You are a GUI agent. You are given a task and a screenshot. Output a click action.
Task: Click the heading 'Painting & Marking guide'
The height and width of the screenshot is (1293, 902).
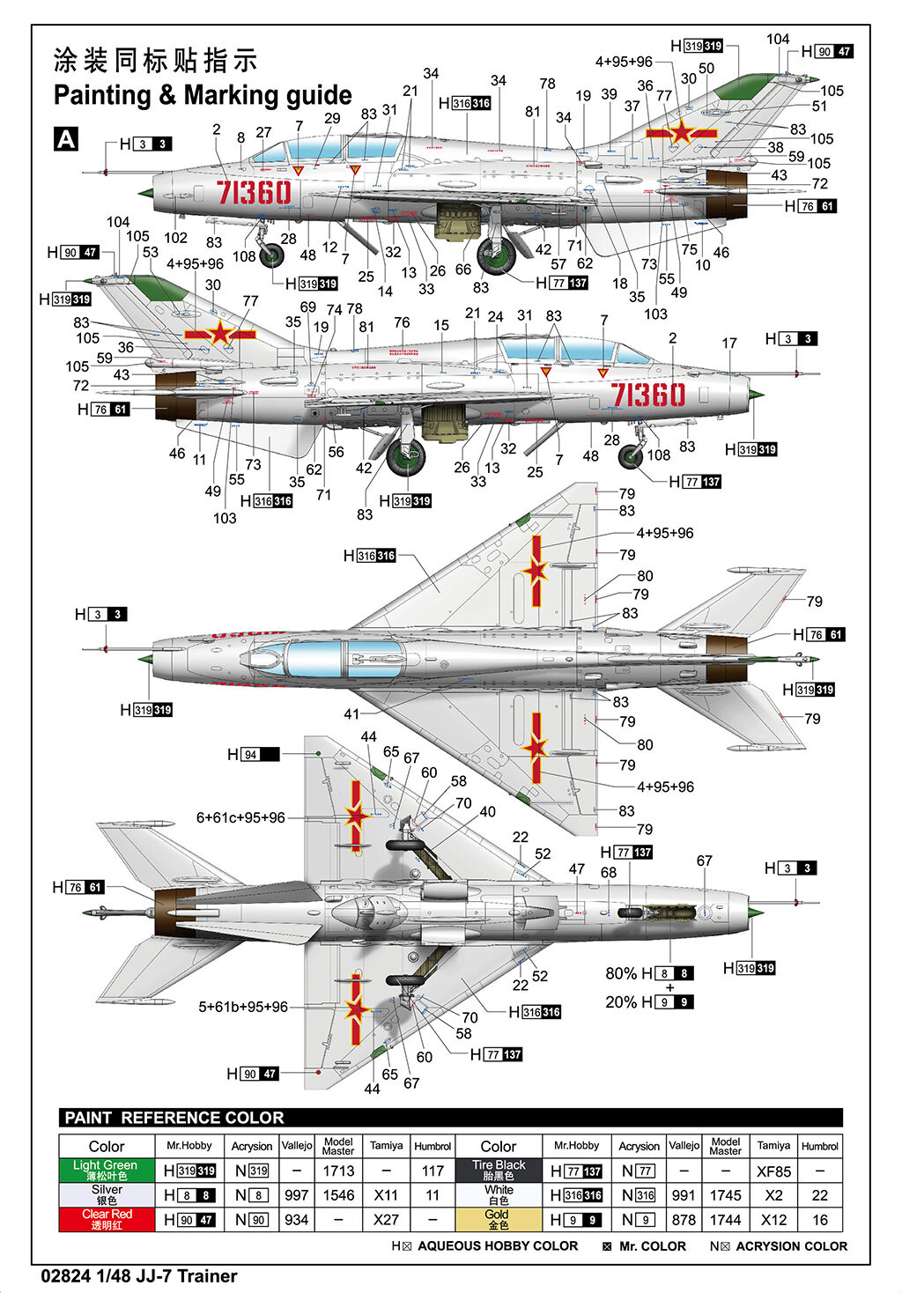click(203, 95)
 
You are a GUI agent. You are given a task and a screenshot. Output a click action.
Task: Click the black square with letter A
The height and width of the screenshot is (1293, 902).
click(66, 139)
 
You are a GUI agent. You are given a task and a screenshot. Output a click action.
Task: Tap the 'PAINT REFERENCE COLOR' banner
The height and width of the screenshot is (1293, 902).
click(174, 1118)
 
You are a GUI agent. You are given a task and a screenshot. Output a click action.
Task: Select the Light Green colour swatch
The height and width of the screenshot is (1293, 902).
click(106, 1170)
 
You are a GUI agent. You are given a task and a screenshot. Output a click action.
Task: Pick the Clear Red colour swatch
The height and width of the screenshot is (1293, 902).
click(106, 1219)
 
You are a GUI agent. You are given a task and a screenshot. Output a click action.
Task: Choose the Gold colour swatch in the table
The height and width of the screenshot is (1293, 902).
click(498, 1219)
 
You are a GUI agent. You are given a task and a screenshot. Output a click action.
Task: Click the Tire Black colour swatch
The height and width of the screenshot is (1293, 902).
click(498, 1170)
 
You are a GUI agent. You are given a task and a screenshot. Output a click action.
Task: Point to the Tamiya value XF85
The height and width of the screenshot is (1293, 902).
click(773, 1171)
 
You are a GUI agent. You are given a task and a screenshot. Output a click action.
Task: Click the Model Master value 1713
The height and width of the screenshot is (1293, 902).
click(338, 1171)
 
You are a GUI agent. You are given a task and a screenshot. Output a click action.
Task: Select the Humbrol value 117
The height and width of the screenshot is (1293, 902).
click(433, 1171)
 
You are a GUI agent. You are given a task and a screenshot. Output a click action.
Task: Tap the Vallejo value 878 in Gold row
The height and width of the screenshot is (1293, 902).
click(684, 1220)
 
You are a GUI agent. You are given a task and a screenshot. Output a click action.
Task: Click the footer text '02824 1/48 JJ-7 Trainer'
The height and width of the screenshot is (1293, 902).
click(138, 1276)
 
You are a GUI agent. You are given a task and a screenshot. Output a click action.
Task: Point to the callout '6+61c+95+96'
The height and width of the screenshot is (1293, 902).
click(240, 817)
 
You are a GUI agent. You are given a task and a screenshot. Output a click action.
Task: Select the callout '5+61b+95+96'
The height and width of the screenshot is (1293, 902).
click(242, 1007)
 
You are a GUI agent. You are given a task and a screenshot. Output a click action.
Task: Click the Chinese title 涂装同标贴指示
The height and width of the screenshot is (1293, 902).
click(156, 60)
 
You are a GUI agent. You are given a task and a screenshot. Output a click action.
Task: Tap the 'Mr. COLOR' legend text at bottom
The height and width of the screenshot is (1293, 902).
click(652, 1246)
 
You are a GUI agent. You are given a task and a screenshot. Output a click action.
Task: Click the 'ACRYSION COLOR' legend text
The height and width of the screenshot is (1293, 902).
click(791, 1246)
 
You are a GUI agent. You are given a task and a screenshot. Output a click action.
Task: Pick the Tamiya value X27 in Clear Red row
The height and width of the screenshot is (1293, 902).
click(386, 1220)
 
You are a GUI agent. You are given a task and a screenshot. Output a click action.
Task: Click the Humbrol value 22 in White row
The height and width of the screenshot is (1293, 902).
click(819, 1195)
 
